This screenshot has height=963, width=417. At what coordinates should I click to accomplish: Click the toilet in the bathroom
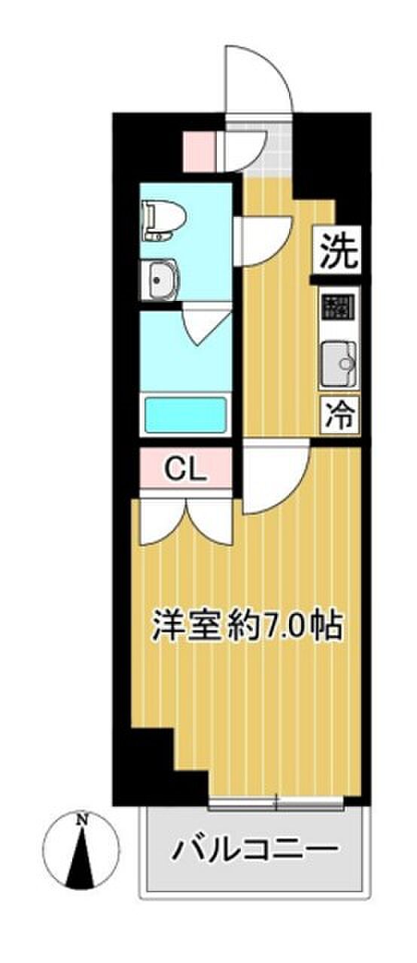[x=164, y=221]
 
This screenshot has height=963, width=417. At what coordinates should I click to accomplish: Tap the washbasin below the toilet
[x=160, y=279]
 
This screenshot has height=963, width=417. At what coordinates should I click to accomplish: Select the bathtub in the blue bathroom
[x=186, y=416]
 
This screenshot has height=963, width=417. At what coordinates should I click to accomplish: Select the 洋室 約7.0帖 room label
[x=247, y=627]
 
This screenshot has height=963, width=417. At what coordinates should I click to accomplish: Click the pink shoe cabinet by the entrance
[x=199, y=152]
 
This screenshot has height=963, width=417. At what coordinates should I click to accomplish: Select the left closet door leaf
[x=163, y=521]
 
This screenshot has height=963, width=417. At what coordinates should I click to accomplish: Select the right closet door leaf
[x=210, y=521]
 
